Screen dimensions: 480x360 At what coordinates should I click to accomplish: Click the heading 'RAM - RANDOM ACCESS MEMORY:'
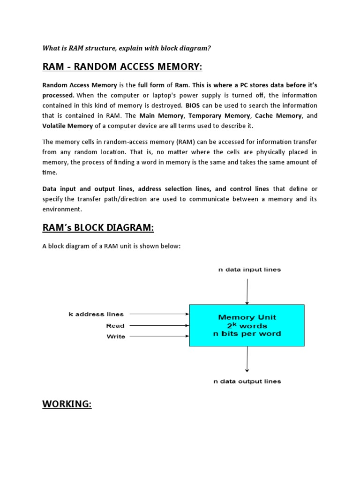(x=122, y=67)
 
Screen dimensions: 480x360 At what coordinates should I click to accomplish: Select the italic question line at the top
(x=127, y=48)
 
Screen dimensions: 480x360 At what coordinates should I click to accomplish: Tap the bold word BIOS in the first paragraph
(x=192, y=105)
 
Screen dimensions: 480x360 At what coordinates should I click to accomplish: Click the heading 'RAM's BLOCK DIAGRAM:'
(x=98, y=228)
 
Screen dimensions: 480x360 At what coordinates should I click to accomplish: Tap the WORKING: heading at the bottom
(x=67, y=404)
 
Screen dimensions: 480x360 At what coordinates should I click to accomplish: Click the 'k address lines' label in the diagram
(x=96, y=315)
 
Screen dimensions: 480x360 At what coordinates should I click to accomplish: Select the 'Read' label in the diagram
(x=115, y=326)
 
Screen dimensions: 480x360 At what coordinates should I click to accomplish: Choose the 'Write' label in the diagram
(x=115, y=337)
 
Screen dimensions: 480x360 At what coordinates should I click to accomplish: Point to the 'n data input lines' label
(x=249, y=270)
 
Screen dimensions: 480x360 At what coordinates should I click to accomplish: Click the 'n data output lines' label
(x=247, y=382)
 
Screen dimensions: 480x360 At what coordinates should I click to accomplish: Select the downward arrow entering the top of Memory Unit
(x=247, y=291)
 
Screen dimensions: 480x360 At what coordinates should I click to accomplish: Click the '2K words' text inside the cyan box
(x=247, y=325)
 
